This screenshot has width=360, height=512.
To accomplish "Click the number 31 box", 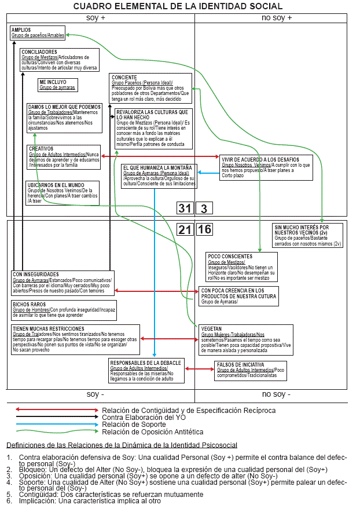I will point(185,209).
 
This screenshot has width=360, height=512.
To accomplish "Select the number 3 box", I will point(204,209).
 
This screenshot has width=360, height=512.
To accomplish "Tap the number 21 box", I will point(185,229).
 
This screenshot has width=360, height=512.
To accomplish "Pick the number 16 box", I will point(204,229).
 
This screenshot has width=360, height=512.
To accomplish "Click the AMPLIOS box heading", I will point(21,30).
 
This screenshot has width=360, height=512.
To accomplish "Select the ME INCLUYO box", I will point(57,85).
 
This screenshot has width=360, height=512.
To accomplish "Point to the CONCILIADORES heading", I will point(39,52).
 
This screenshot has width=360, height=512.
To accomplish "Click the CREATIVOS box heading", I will point(41,149).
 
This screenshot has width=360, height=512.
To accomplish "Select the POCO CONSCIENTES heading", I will point(229,256).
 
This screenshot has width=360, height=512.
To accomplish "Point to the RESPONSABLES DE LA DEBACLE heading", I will point(145,363).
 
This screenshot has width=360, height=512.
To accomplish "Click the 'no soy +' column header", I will point(276,17).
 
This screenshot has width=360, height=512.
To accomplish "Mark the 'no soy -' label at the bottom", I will point(275,394).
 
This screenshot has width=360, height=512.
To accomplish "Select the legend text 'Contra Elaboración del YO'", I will point(144,417).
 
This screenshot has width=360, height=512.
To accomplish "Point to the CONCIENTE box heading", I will point(124,78).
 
